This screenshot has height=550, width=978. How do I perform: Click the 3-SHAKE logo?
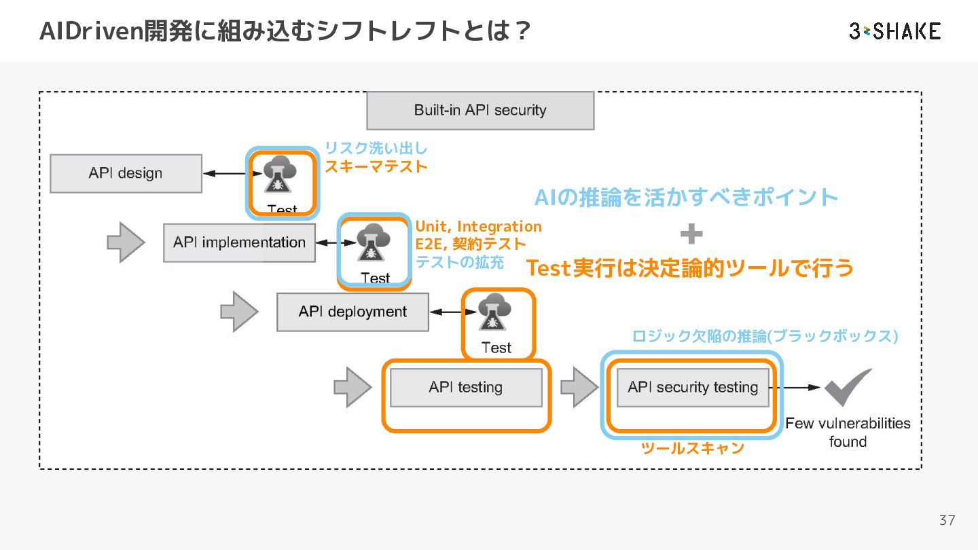tap(894, 31)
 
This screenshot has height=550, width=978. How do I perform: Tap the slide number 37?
tap(947, 520)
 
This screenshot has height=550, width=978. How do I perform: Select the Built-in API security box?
tap(480, 111)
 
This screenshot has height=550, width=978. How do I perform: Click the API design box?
tap(126, 173)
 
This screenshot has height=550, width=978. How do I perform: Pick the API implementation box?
tap(239, 242)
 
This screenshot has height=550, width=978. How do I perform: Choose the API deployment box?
tap(352, 312)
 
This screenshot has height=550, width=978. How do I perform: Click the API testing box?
tap(466, 388)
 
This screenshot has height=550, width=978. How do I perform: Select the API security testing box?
tap(693, 388)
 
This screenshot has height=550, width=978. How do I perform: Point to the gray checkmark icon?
tap(848, 387)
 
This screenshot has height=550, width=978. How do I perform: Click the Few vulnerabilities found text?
tap(848, 432)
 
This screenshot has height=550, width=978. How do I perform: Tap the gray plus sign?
tap(691, 234)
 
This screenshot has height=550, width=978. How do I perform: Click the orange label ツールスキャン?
tap(693, 448)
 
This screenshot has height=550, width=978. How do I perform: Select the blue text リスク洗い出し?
tap(376, 148)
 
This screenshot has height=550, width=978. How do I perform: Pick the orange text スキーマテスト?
tap(376, 166)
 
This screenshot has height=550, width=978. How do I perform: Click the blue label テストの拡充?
tap(459, 262)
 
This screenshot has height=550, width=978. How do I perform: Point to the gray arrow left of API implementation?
tap(126, 242)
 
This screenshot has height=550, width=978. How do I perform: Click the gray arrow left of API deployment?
tap(239, 312)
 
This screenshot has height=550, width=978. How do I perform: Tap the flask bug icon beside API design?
tap(280, 174)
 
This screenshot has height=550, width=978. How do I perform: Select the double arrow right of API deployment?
tap(453, 312)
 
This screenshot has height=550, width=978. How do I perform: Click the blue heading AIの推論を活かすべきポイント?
tap(686, 198)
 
